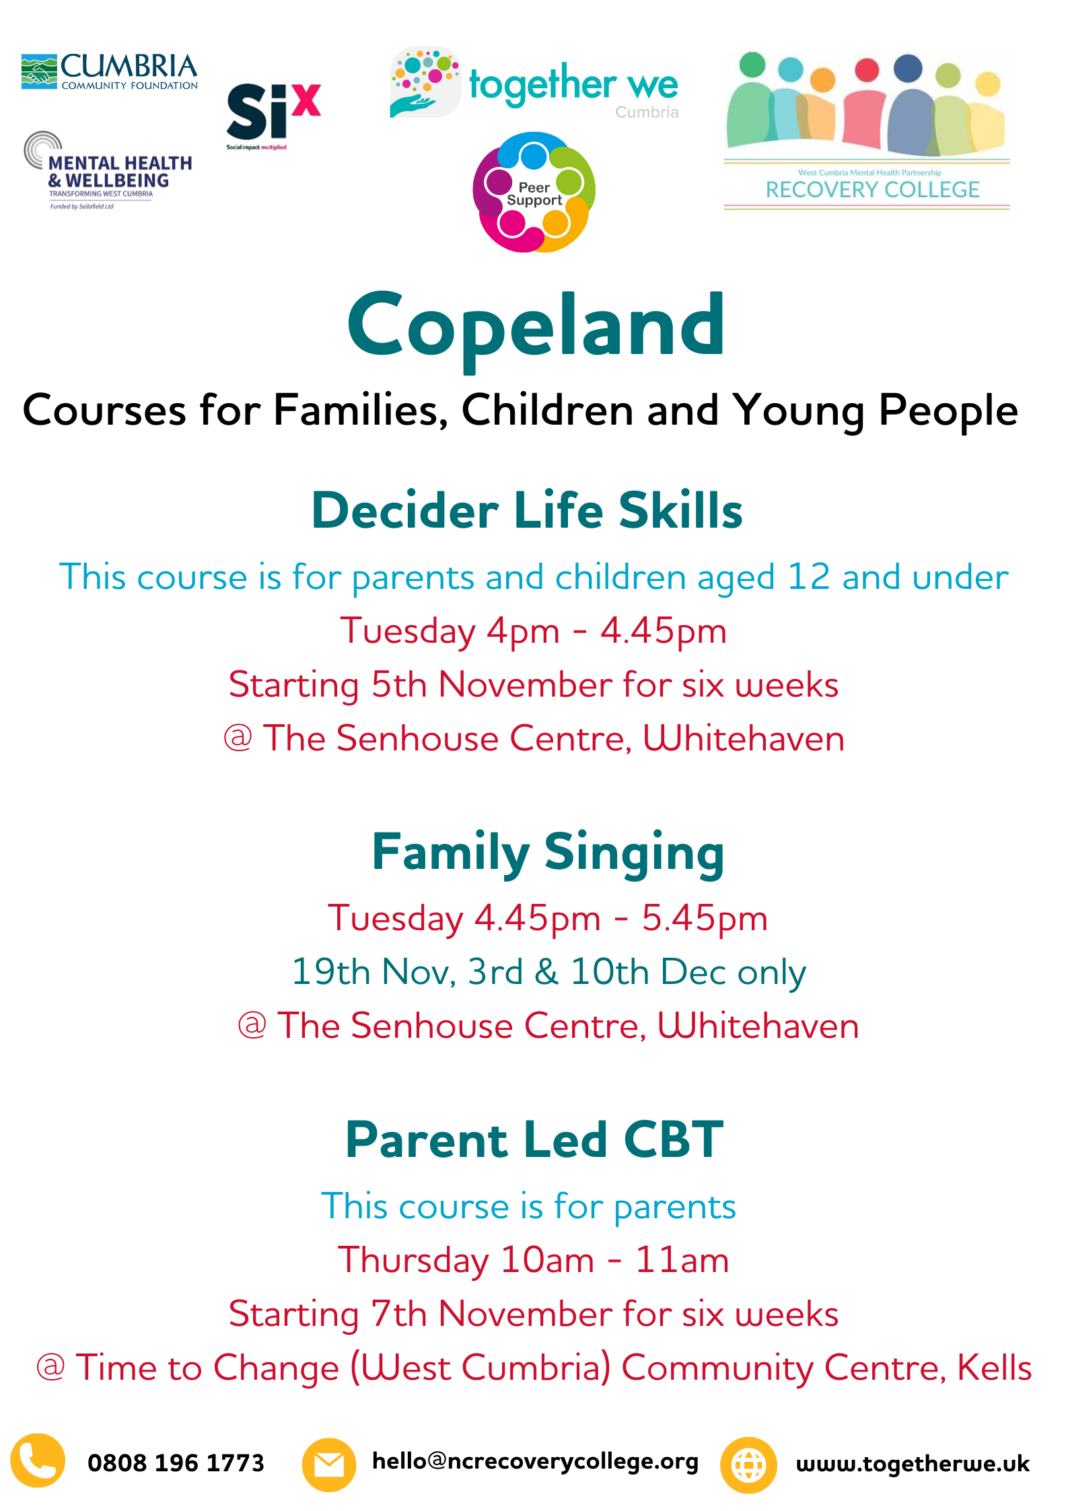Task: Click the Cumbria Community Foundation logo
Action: pos(109,71)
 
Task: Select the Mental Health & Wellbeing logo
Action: pos(108,171)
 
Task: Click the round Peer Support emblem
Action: pos(534,192)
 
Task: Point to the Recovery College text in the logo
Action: pos(872,190)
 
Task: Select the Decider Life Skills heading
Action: pos(527,510)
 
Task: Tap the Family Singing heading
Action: pos(548,853)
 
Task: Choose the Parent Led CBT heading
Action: pos(534,1139)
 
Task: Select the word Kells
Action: pos(994,1368)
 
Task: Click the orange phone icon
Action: pos(38,1460)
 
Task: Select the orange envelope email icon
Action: pos(329,1465)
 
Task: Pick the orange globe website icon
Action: pos(748,1465)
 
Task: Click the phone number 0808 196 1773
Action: pos(176,1463)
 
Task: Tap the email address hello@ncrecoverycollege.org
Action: pos(536,1462)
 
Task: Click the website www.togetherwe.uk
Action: pos(913,1464)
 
